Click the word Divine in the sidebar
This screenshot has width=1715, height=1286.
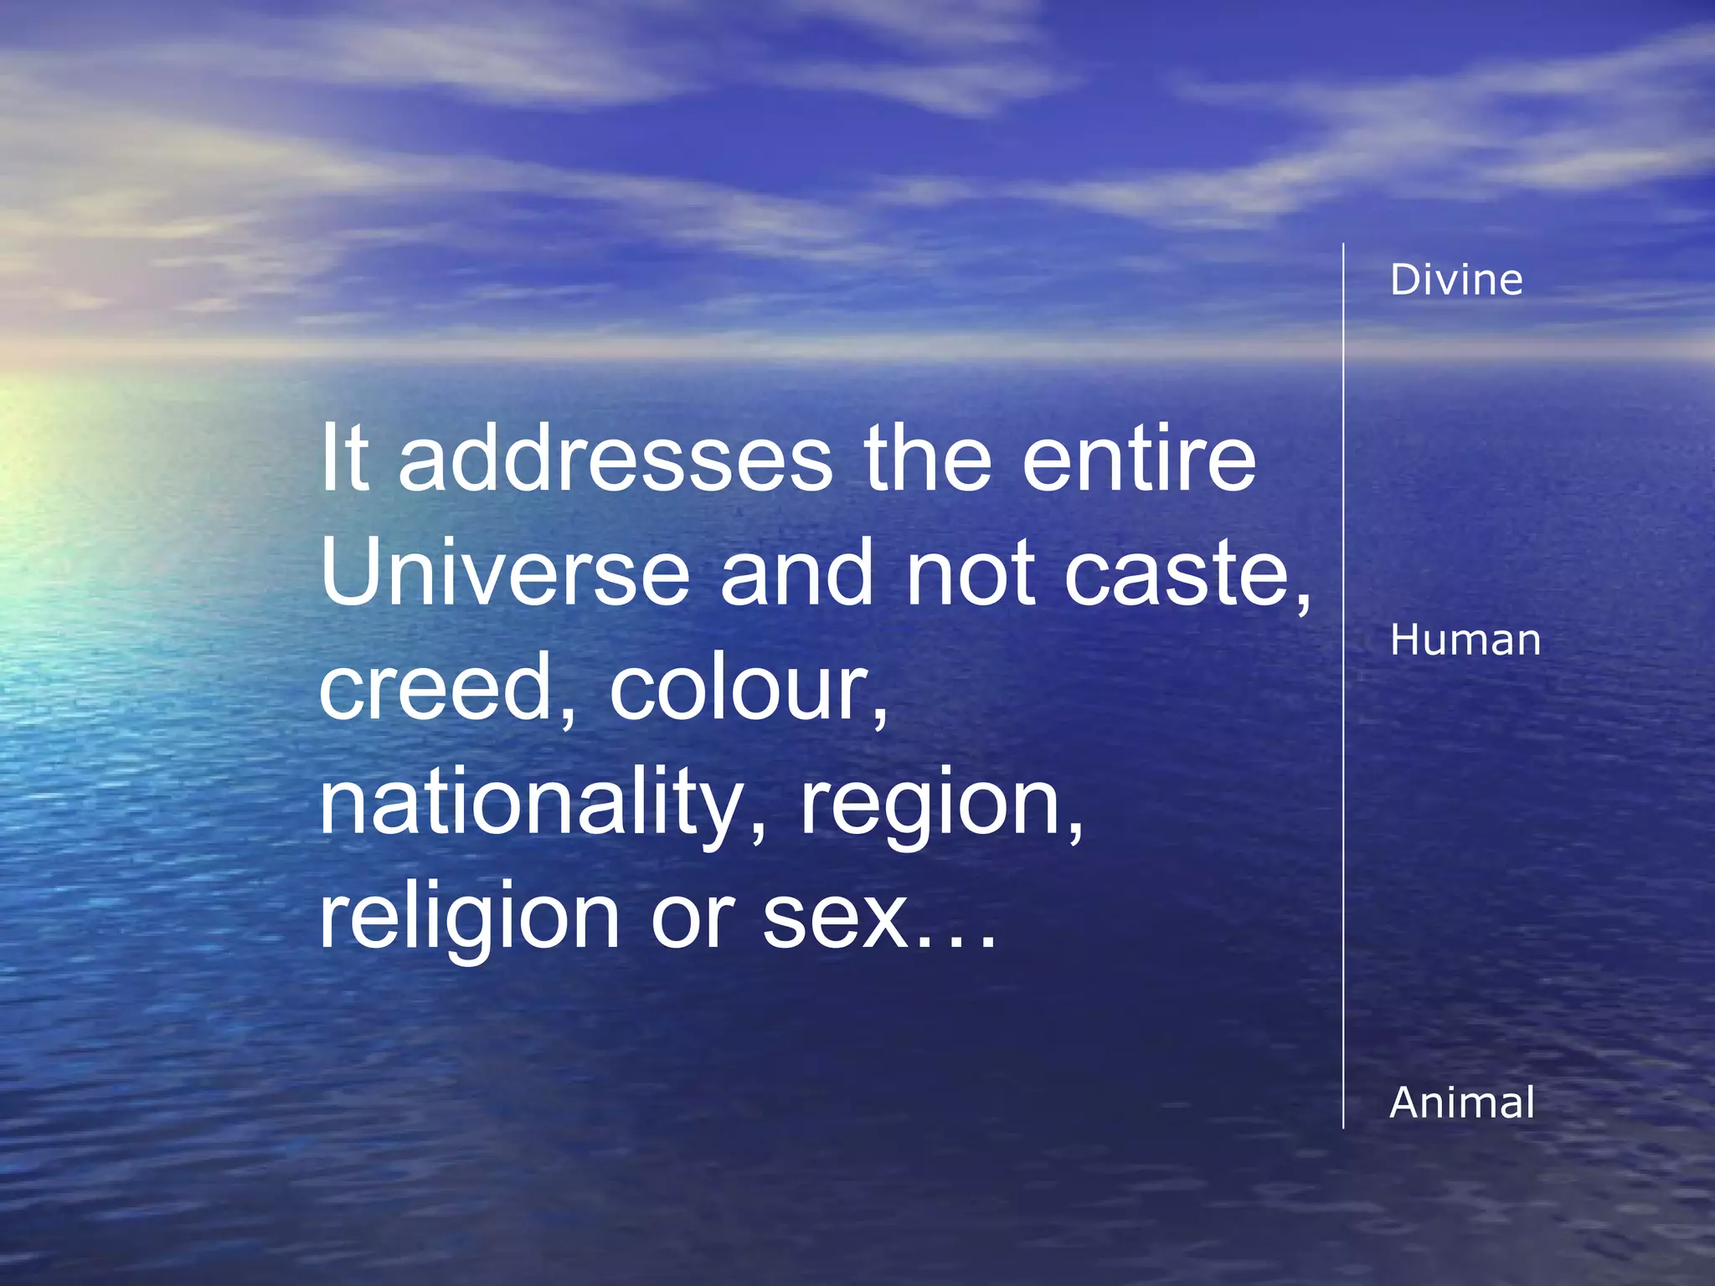pyautogui.click(x=1456, y=280)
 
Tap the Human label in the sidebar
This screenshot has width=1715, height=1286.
pyautogui.click(x=1465, y=640)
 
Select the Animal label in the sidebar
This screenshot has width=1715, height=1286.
pyautogui.click(x=1462, y=1103)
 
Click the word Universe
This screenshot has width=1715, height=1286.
pyautogui.click(x=504, y=574)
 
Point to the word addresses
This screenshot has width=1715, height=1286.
pyautogui.click(x=615, y=460)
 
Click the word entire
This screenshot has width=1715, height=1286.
pyautogui.click(x=1139, y=460)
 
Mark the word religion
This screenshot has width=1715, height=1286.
pyautogui.click(x=469, y=919)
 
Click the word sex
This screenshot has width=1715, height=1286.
pyautogui.click(x=834, y=919)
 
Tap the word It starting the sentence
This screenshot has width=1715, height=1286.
pyautogui.click(x=344, y=460)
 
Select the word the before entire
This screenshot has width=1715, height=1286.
pyautogui.click(x=928, y=460)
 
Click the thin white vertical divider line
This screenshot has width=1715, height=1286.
pyautogui.click(x=1343, y=687)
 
